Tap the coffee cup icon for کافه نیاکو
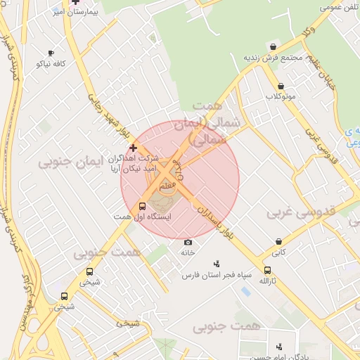(51, 53)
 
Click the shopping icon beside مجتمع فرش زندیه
(272, 46)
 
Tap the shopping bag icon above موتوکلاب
(281, 85)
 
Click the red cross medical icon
(134, 148)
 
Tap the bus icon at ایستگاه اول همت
(143, 207)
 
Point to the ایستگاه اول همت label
(123, 218)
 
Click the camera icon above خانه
(188, 242)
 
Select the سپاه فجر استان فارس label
(217, 275)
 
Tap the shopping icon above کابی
(279, 241)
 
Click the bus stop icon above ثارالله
(267, 270)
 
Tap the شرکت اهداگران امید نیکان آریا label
(134, 164)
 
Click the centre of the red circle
(180, 180)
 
